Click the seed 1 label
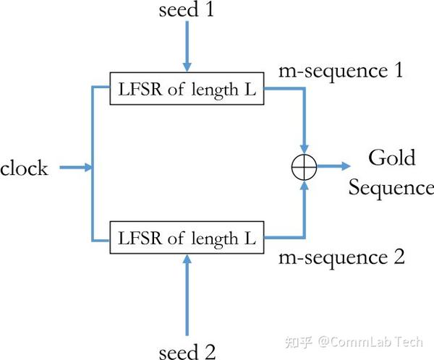point(187,10)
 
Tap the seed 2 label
point(187,351)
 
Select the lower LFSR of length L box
point(187,239)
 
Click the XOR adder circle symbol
point(305,167)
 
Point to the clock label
point(24,168)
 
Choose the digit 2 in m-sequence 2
point(399,257)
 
